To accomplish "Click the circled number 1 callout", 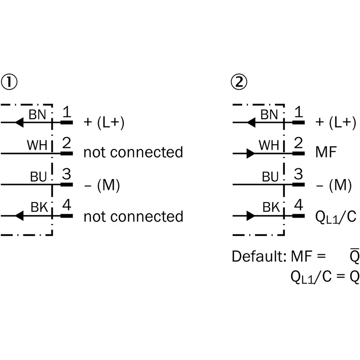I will (10, 82).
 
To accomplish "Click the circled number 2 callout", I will (239, 82).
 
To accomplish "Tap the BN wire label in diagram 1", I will (37, 114).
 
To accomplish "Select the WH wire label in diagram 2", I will (269, 145).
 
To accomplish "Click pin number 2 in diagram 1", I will (66, 144).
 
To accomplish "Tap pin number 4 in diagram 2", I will (297, 207).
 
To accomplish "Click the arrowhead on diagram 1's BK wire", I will (19, 216).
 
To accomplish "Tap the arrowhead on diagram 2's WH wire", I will (250, 153).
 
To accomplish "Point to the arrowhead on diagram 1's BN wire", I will (19, 122).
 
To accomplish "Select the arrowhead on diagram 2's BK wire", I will (250, 216).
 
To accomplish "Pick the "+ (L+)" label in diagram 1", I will (104, 122).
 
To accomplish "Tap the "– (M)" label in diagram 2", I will (332, 185).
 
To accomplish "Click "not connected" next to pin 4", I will (133, 216).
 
